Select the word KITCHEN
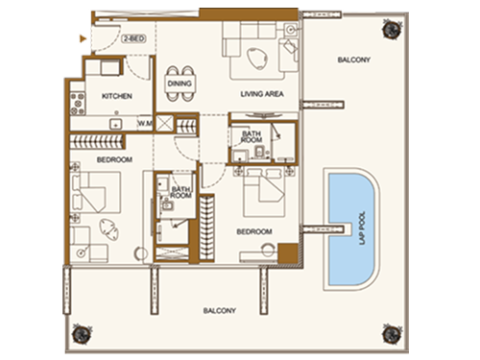[115, 97]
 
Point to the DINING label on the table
[180, 83]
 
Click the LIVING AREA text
[259, 93]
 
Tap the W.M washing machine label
[145, 123]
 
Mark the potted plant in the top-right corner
[392, 31]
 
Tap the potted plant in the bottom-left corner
[84, 333]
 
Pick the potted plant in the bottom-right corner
[392, 333]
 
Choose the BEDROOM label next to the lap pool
[254, 231]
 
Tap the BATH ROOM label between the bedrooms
[180, 192]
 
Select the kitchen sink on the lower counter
[116, 123]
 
